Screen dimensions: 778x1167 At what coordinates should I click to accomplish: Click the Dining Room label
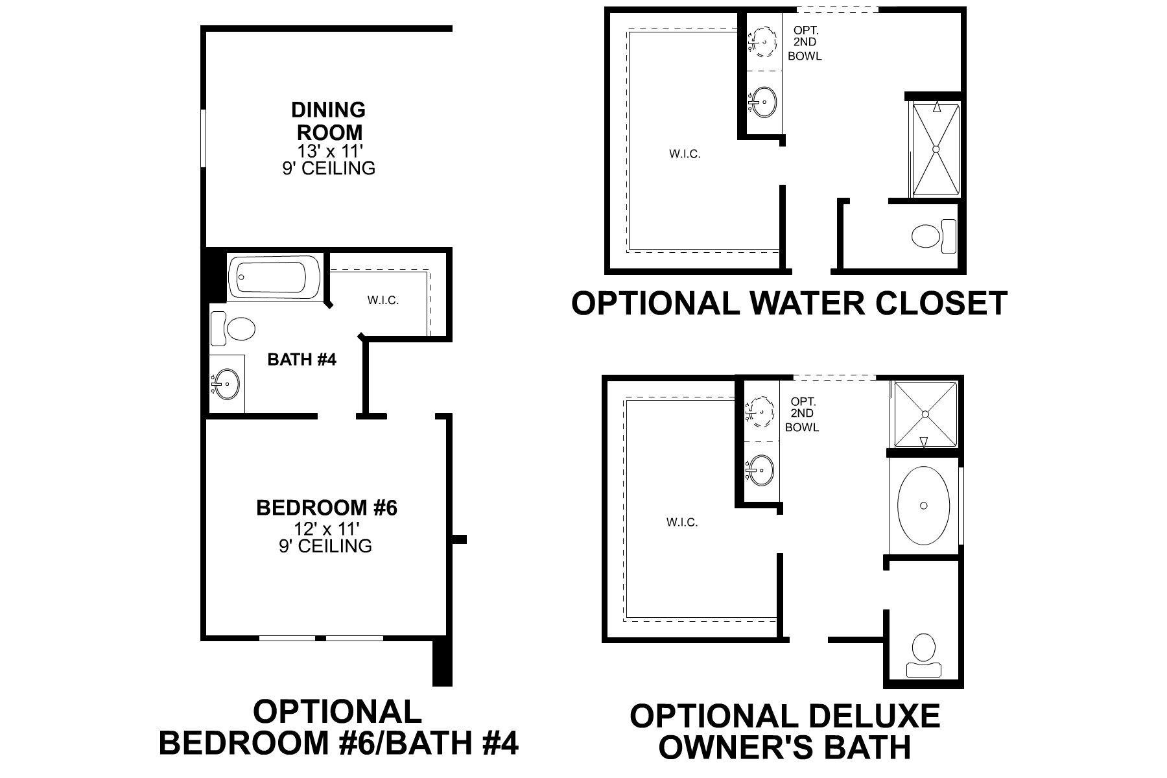tap(329, 121)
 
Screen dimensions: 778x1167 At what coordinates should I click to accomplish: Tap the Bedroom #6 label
tap(327, 507)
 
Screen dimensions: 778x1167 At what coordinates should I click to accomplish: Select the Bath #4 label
tap(302, 359)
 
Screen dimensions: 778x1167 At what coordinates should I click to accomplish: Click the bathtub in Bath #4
tap(275, 278)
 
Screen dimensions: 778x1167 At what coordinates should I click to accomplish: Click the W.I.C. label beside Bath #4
tap(383, 300)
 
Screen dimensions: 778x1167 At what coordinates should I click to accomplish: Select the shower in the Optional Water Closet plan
tap(936, 149)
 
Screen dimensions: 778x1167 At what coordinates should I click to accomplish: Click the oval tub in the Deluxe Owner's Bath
tap(924, 505)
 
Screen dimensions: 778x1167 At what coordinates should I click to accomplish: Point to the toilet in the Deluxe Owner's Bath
tap(923, 655)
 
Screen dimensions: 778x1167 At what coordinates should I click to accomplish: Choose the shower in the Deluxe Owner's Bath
tap(925, 414)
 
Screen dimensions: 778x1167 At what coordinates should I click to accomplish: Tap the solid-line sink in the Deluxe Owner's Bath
tap(761, 467)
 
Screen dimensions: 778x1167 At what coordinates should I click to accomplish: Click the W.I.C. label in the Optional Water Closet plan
tap(685, 154)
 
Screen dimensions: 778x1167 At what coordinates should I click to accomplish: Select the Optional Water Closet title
tap(789, 303)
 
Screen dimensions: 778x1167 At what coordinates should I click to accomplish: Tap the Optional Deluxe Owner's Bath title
tap(784, 731)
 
